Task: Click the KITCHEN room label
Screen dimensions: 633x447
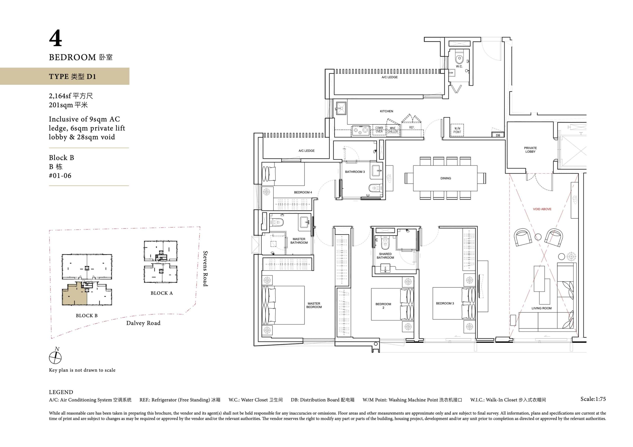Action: (386, 111)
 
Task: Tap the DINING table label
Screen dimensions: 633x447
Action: (446, 178)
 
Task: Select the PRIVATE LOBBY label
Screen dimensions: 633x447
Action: (530, 150)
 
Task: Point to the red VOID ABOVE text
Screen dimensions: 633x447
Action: (542, 209)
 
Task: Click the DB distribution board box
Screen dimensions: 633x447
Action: (498, 135)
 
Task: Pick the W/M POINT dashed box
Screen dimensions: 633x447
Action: (457, 130)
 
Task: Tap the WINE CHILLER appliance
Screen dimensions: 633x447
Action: (393, 130)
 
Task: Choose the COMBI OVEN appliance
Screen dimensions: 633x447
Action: (379, 130)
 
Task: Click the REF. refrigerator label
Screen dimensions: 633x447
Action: (412, 127)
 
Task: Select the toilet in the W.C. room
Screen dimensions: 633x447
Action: (459, 59)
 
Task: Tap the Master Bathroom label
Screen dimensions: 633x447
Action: (299, 241)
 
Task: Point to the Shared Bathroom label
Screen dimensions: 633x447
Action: (385, 256)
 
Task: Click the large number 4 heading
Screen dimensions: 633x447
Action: (55, 39)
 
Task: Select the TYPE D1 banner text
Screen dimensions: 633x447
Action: (72, 76)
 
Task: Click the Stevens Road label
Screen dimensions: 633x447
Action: (205, 268)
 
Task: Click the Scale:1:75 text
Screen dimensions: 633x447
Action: (593, 399)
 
